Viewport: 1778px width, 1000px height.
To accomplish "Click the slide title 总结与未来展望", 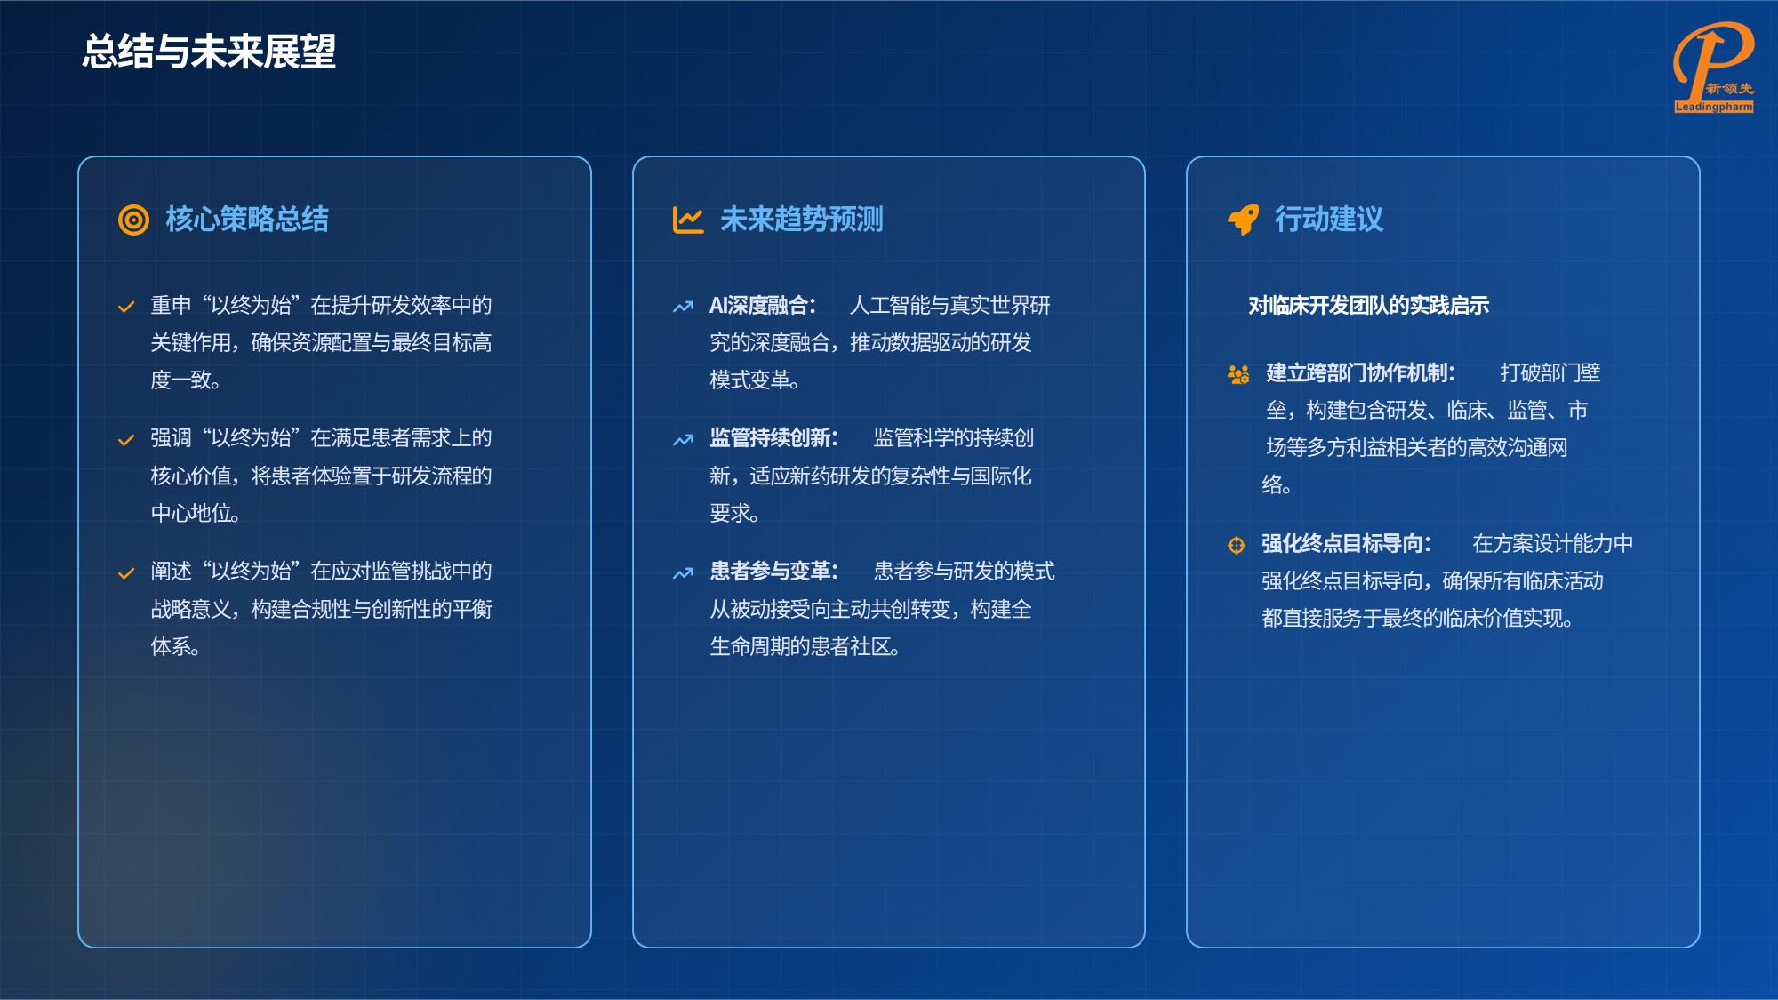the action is (209, 52).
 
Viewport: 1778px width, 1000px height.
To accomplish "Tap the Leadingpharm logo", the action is (1713, 68).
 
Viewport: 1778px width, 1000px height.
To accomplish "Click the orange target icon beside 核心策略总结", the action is (133, 220).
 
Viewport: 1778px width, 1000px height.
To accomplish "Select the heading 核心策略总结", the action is (247, 220).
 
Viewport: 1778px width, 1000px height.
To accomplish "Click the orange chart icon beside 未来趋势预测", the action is (688, 220).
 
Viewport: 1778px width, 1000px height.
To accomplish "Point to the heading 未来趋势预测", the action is (801, 220).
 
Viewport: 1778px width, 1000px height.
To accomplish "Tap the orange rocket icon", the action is (1243, 220).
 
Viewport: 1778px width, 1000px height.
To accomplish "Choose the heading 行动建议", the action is (1328, 220).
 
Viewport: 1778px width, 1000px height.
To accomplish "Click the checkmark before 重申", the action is (126, 307).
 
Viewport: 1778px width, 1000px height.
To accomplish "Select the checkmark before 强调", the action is (126, 440).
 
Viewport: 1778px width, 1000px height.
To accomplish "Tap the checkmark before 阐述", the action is (126, 573).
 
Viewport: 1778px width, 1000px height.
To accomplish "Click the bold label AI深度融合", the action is (762, 306).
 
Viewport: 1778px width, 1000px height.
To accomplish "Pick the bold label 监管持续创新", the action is (773, 438).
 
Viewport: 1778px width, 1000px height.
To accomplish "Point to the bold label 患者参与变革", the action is (773, 572).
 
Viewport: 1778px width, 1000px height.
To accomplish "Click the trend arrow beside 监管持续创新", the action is (683, 440).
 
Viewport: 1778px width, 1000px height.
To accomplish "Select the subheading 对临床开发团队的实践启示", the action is (1368, 306).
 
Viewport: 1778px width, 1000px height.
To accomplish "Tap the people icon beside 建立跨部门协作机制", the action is (1238, 374).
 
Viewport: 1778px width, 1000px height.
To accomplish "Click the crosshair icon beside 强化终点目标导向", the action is (1237, 545).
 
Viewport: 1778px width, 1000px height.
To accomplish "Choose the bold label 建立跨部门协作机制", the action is (1360, 373).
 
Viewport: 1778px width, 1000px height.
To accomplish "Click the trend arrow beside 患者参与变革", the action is (683, 573).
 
